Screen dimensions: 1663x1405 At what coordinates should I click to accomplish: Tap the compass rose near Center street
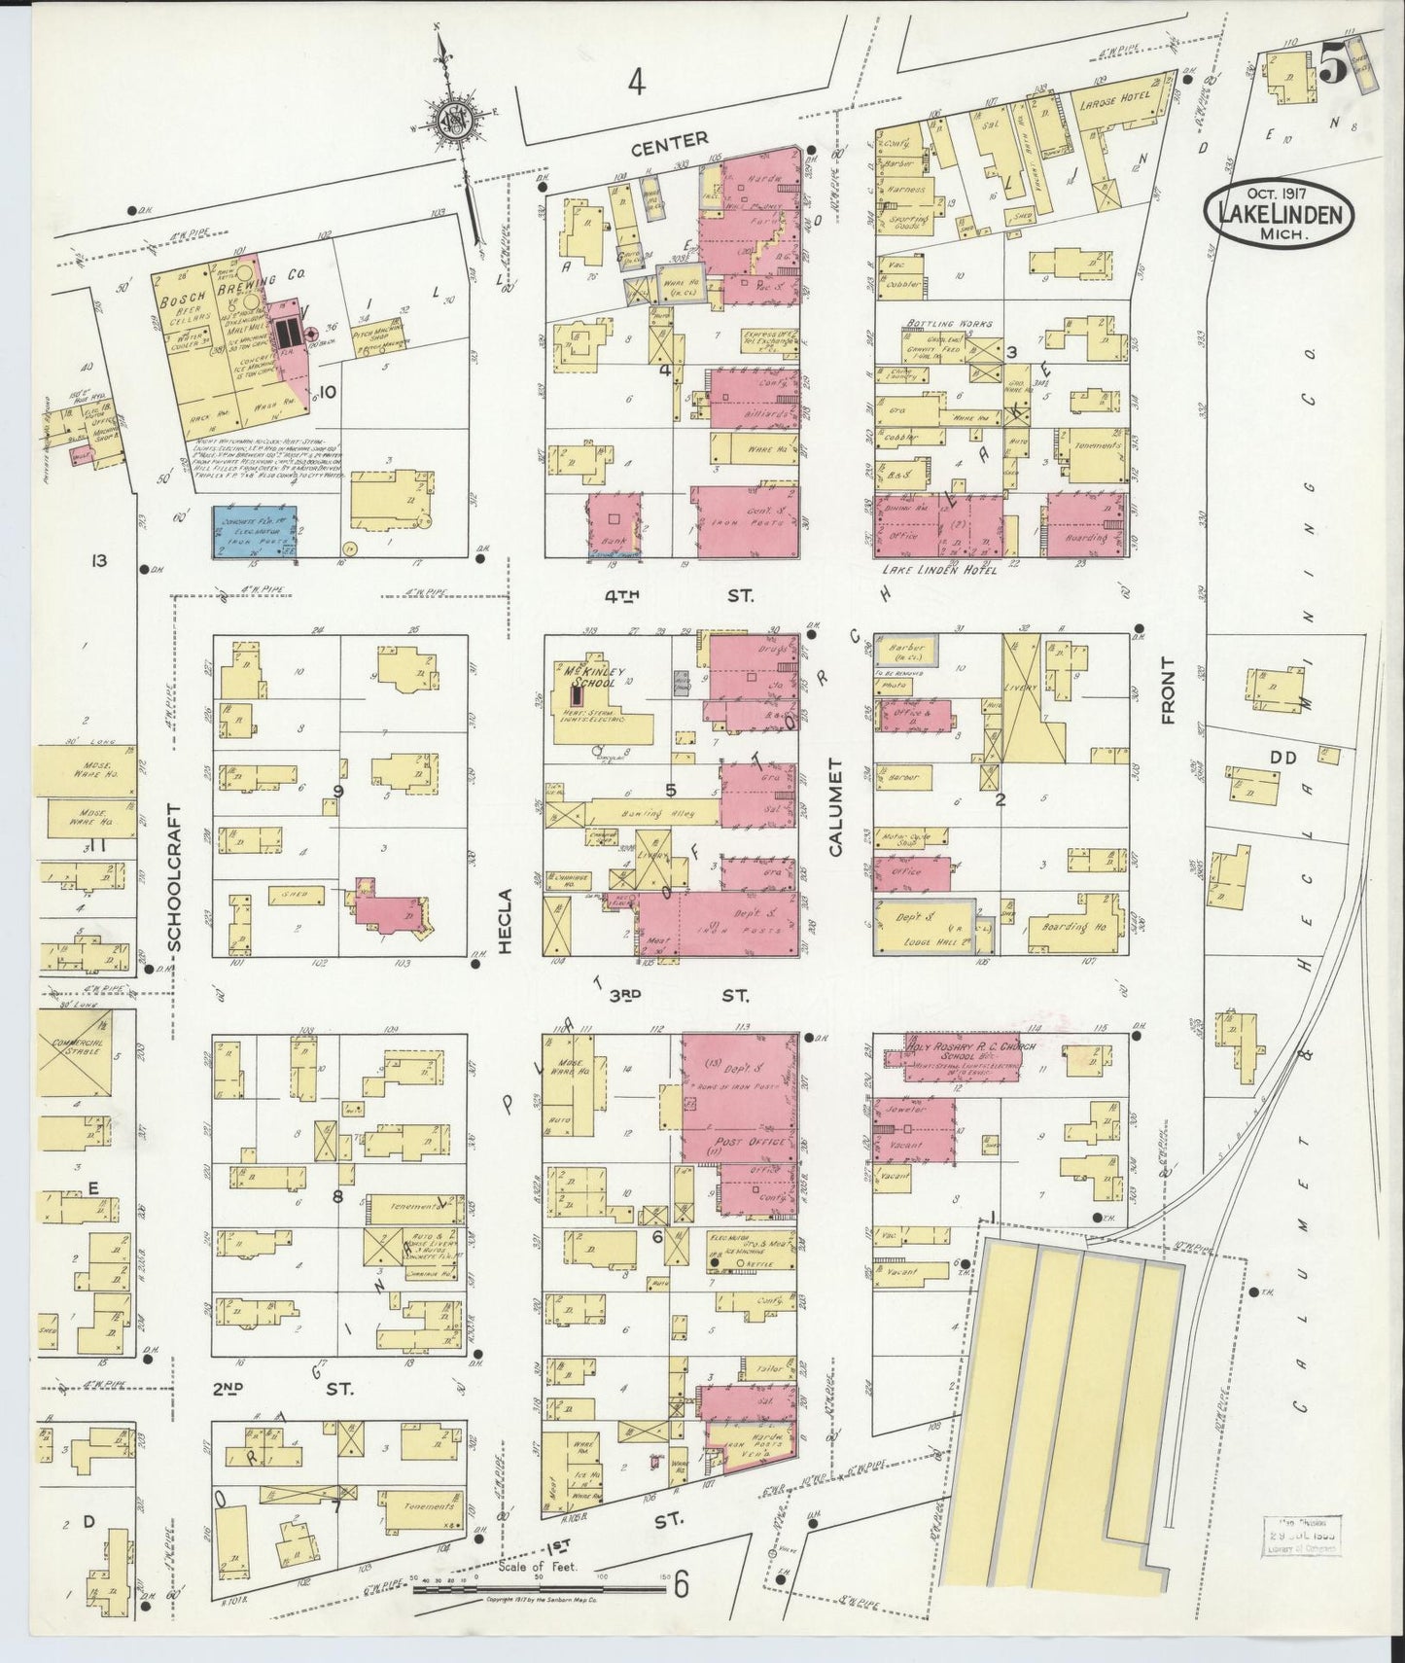click(453, 119)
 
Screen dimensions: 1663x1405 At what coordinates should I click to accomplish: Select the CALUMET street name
click(835, 820)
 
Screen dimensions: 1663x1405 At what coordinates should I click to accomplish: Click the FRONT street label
click(1168, 690)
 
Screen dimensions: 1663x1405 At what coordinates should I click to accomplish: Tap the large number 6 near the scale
click(682, 1586)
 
